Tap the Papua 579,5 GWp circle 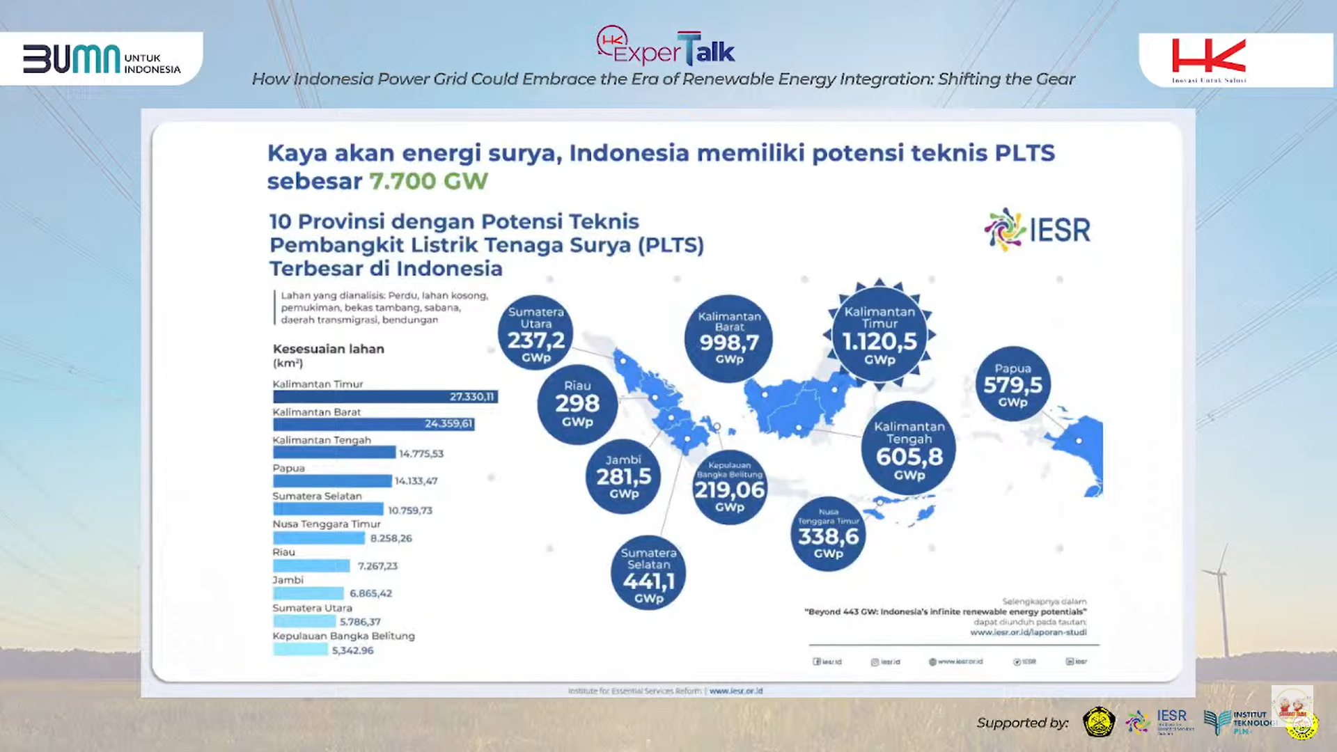(x=1012, y=384)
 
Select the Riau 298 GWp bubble (x=577, y=404)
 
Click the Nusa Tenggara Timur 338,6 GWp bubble (x=828, y=534)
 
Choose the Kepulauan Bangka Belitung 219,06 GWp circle (x=729, y=487)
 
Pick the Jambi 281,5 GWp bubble (x=623, y=477)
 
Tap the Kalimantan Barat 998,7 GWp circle (x=729, y=338)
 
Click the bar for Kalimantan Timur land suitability (x=384, y=397)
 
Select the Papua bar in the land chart (x=332, y=481)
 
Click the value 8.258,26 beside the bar (x=391, y=538)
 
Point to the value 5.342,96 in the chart (x=352, y=650)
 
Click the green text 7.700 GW (x=428, y=181)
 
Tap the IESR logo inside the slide (x=1038, y=230)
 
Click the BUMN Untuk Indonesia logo (x=101, y=59)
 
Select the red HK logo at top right (x=1209, y=58)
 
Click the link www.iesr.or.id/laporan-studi (x=1028, y=632)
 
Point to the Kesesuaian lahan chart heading (x=328, y=349)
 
